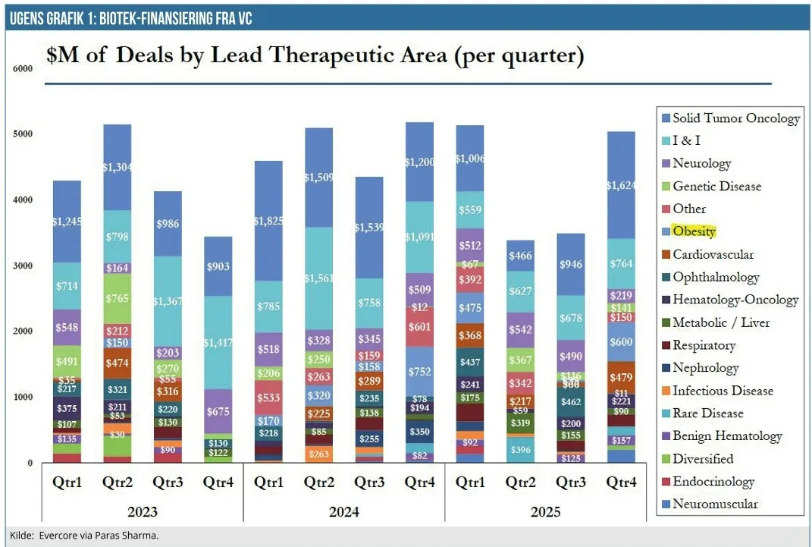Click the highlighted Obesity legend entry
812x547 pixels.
click(694, 231)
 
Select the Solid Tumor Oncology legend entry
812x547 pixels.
click(735, 118)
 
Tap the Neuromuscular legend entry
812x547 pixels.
click(715, 504)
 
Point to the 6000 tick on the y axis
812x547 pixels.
click(23, 68)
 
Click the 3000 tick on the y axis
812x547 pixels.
click(23, 266)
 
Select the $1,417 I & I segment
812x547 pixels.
click(218, 343)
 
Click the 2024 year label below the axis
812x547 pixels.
click(343, 511)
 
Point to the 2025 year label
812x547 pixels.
click(544, 511)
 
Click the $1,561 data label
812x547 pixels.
click(318, 278)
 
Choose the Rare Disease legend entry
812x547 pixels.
click(707, 413)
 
